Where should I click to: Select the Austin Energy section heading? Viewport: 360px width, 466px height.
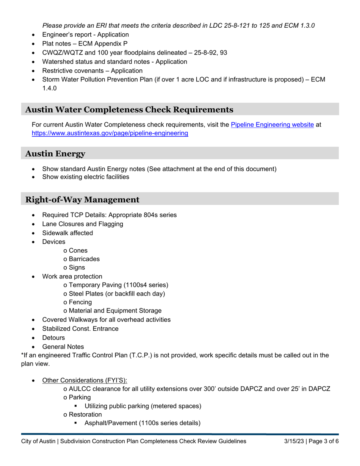tap(55, 153)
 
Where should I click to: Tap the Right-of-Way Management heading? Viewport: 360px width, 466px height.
tap(82, 199)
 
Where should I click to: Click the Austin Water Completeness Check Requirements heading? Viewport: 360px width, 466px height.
tap(129, 110)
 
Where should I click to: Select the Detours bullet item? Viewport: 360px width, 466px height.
tap(53, 338)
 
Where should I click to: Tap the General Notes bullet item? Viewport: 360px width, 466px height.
tap(63, 347)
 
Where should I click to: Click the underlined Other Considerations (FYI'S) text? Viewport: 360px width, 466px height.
tap(85, 380)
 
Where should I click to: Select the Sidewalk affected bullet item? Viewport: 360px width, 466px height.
tap(67, 233)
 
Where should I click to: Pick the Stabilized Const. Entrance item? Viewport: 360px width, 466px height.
tap(80, 328)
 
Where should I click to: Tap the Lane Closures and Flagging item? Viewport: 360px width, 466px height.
tap(83, 224)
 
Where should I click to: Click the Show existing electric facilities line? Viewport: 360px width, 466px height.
tap(85, 177)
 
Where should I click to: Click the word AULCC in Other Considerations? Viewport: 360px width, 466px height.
tap(80, 389)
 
